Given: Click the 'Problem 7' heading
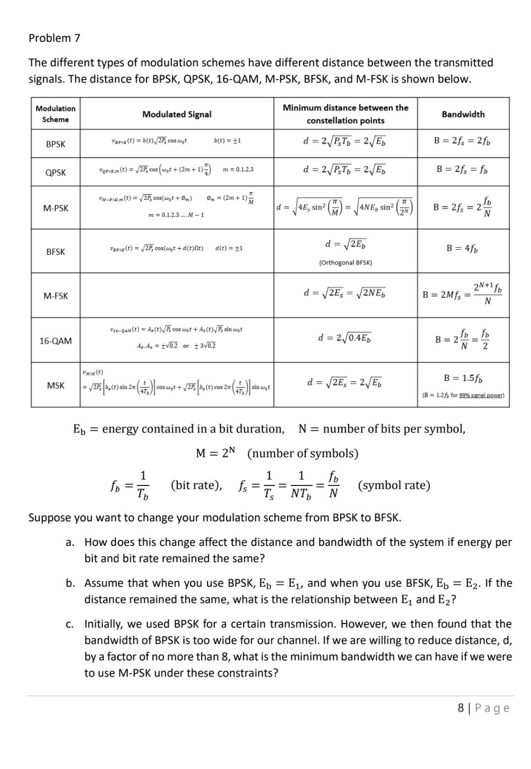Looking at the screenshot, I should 55,38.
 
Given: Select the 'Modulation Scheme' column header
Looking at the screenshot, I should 56,114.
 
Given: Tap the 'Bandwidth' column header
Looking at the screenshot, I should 463,114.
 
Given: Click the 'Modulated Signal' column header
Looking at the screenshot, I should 177,114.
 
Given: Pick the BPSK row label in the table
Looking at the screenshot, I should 56,144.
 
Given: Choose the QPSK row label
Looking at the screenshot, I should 56,172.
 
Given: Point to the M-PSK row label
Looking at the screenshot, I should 56,208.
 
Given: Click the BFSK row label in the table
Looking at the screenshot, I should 56,252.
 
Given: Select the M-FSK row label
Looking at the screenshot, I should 56,296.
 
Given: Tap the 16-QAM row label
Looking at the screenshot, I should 56,341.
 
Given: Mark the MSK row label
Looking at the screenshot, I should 56,385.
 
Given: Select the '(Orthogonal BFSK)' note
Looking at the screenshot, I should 345,262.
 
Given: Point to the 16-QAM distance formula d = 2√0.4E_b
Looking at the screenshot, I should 345,338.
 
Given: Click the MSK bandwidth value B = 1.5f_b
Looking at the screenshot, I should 463,378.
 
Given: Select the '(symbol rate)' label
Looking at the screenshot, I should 394,485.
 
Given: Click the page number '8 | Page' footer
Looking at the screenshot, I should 483,708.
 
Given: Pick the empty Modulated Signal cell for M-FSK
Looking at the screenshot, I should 177,296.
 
